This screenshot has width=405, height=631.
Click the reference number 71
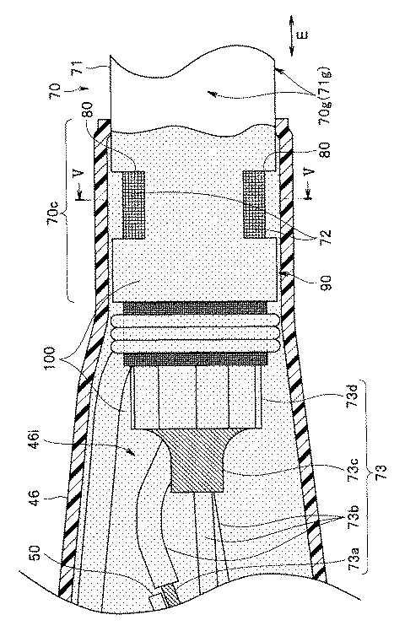pos(78,65)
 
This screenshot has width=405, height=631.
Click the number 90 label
pos(326,280)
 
